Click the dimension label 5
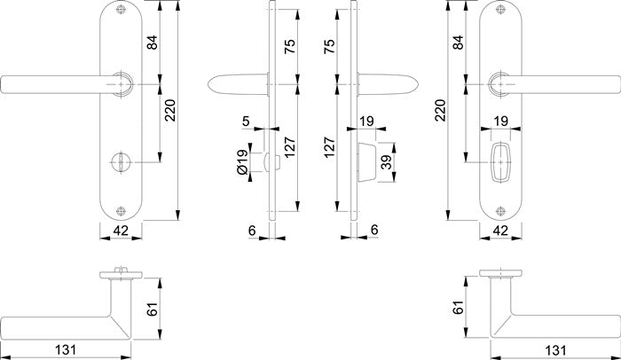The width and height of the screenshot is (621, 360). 246,121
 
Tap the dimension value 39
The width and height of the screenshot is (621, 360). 387,162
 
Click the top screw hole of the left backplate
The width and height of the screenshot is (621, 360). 121,12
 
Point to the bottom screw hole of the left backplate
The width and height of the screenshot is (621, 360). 121,211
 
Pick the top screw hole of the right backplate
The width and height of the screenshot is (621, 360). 500,12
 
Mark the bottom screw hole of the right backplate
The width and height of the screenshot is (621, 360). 500,211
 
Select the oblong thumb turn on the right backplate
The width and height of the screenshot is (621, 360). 500,162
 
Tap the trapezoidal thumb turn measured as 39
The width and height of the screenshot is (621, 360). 366,162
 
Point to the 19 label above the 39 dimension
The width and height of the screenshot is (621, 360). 366,121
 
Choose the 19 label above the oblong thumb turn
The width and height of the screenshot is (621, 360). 500,121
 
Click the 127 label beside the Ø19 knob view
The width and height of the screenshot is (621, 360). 289,147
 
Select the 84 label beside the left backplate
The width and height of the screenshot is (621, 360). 153,43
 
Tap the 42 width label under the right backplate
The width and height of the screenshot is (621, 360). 500,231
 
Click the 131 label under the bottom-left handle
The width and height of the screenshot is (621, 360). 66,349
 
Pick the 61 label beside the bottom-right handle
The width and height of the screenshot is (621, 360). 458,308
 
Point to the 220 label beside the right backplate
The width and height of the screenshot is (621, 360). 440,110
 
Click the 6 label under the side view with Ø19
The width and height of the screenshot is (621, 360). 252,230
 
